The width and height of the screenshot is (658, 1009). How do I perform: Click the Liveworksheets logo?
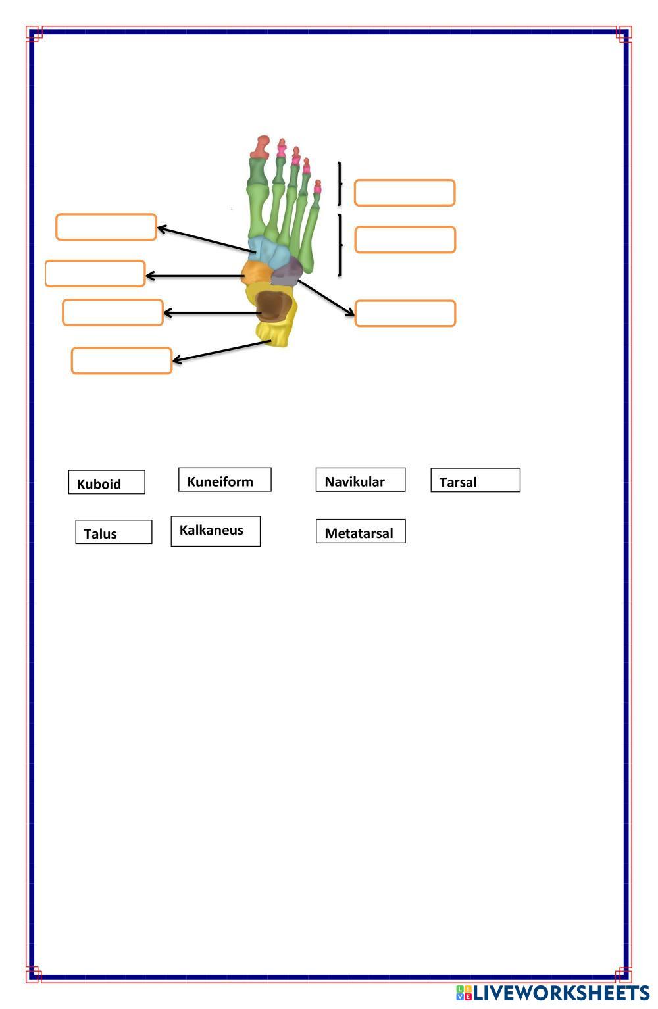(553, 993)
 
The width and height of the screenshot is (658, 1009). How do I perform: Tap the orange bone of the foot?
(255, 272)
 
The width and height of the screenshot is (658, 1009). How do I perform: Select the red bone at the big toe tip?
(262, 146)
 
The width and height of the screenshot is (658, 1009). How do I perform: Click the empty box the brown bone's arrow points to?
(113, 312)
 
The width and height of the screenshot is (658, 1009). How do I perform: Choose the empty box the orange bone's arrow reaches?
(95, 274)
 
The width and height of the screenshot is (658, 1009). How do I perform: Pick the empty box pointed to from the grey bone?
(405, 313)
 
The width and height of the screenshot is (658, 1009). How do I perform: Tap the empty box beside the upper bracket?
(405, 193)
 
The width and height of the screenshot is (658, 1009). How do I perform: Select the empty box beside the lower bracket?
(405, 239)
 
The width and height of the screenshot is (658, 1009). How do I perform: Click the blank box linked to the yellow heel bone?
(122, 360)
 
